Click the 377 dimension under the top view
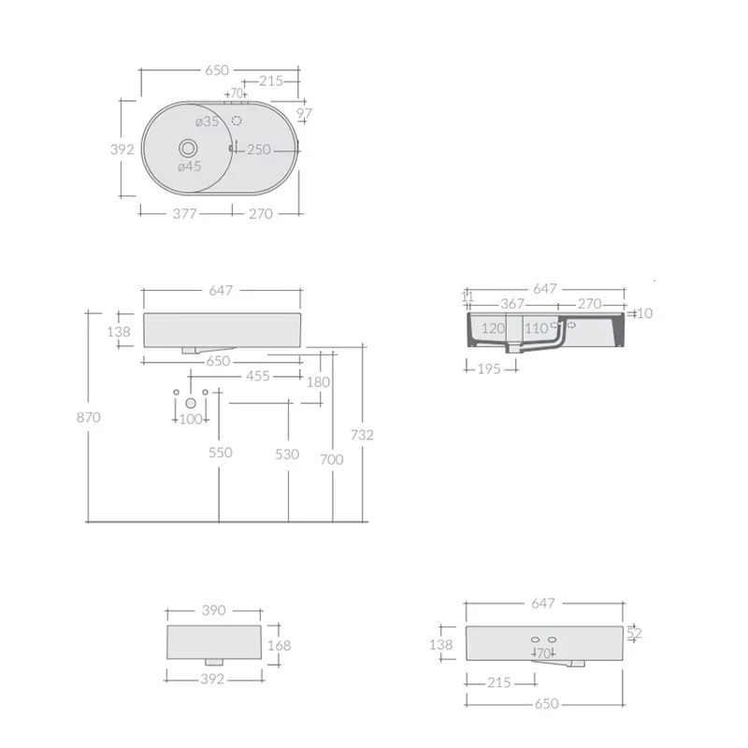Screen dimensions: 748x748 (x=184, y=213)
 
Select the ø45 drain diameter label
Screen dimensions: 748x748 (x=190, y=166)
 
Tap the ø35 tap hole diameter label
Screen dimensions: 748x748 (x=207, y=122)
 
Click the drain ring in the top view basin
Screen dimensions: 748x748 (x=189, y=149)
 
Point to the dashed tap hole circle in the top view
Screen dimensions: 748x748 (x=237, y=120)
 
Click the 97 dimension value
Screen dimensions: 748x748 (x=304, y=113)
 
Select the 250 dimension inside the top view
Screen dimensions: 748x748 (x=259, y=150)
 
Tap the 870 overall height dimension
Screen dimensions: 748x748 (x=89, y=417)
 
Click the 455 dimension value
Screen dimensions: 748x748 (x=258, y=376)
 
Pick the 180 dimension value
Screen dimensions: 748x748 (x=318, y=382)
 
